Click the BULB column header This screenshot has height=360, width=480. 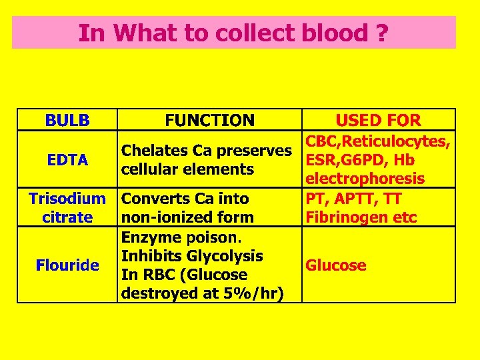67,121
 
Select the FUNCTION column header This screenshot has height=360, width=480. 209,121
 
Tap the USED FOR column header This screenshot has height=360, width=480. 378,121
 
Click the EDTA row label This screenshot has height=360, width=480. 67,160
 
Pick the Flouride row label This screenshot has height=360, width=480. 67,265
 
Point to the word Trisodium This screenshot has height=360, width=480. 67,199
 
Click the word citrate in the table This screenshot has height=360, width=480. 67,217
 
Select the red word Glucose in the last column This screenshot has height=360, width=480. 335,265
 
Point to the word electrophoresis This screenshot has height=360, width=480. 365,179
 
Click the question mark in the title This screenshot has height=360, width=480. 381,33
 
